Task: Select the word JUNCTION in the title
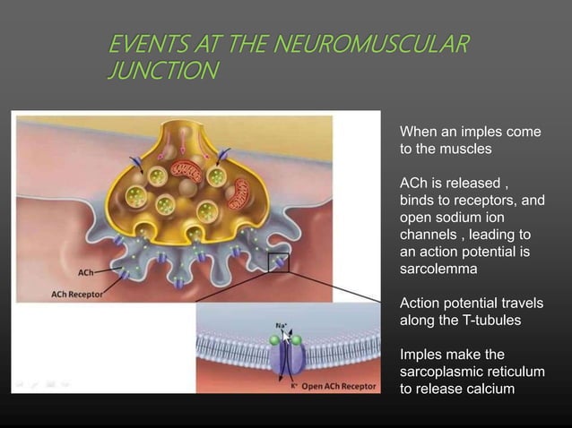pyautogui.click(x=161, y=71)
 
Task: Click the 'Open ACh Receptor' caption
pyautogui.click(x=339, y=388)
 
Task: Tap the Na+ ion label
pyautogui.click(x=281, y=323)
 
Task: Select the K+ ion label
pyautogui.click(x=294, y=388)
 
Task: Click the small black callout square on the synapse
pyautogui.click(x=278, y=262)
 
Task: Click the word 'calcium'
pyautogui.click(x=489, y=388)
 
